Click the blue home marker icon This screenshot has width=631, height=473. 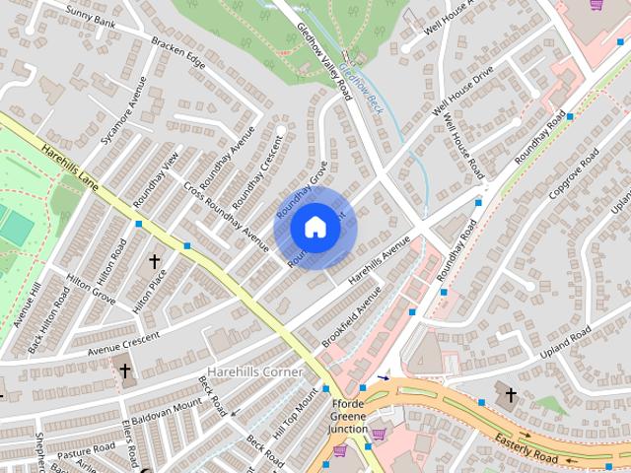(315, 228)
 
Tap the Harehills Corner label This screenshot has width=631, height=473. (253, 371)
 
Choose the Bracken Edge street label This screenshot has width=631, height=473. (178, 55)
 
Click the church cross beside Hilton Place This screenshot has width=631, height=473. (154, 262)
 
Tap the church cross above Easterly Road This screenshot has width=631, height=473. (510, 396)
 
